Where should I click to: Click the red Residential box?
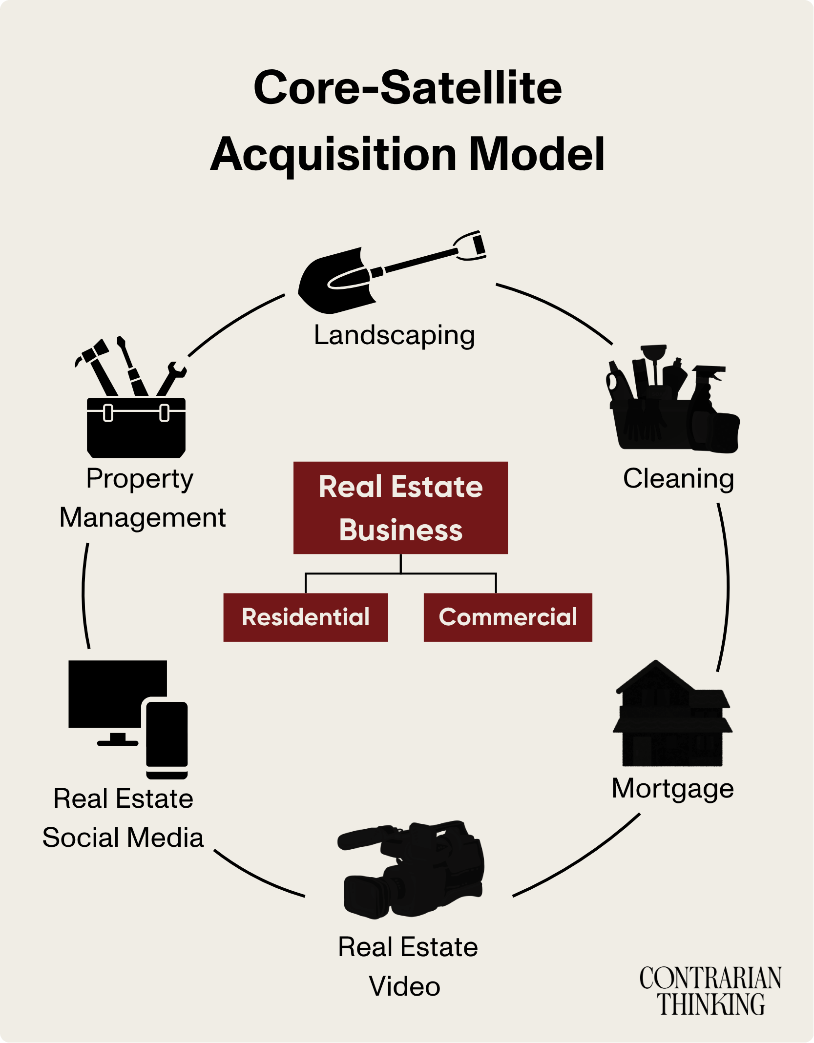pyautogui.click(x=306, y=617)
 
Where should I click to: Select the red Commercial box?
pyautogui.click(x=508, y=617)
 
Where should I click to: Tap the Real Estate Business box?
pyautogui.click(x=400, y=508)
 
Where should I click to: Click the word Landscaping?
pyautogui.click(x=394, y=335)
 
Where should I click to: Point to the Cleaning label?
pyautogui.click(x=678, y=478)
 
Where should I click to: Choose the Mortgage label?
pyautogui.click(x=672, y=788)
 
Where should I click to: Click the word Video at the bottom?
pyautogui.click(x=404, y=986)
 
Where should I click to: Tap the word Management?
pyautogui.click(x=143, y=517)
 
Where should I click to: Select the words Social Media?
pyautogui.click(x=123, y=838)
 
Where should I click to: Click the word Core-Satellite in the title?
pyautogui.click(x=408, y=88)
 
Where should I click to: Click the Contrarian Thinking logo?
pyautogui.click(x=710, y=991)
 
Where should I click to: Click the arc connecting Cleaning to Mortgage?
pyautogui.click(x=727, y=586)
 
